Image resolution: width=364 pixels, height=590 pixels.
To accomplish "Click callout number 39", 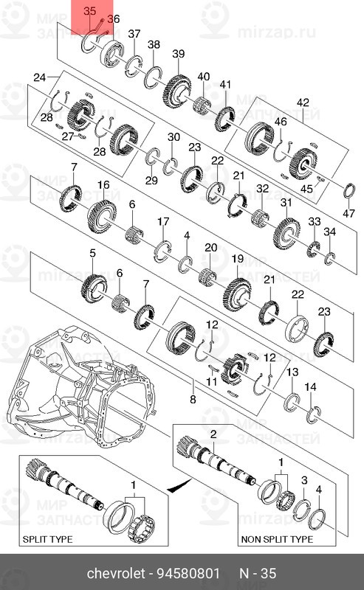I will (x=178, y=54).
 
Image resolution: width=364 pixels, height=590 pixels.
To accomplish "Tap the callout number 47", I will (x=349, y=213).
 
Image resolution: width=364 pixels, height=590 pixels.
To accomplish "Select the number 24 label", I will (x=39, y=77).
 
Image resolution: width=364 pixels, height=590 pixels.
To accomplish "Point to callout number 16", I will (x=103, y=184).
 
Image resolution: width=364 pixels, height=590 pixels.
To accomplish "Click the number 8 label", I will (x=193, y=400).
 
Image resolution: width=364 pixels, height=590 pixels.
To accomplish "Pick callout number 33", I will (x=315, y=221).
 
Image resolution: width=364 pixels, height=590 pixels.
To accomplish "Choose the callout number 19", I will (x=237, y=259).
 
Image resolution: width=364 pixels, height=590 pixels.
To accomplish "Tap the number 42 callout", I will (x=303, y=102).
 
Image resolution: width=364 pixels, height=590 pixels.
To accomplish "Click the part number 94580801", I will (x=191, y=573).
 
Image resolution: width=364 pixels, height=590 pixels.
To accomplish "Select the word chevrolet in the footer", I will (x=116, y=573).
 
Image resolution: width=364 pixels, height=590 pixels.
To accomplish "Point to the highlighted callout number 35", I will (x=89, y=11).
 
